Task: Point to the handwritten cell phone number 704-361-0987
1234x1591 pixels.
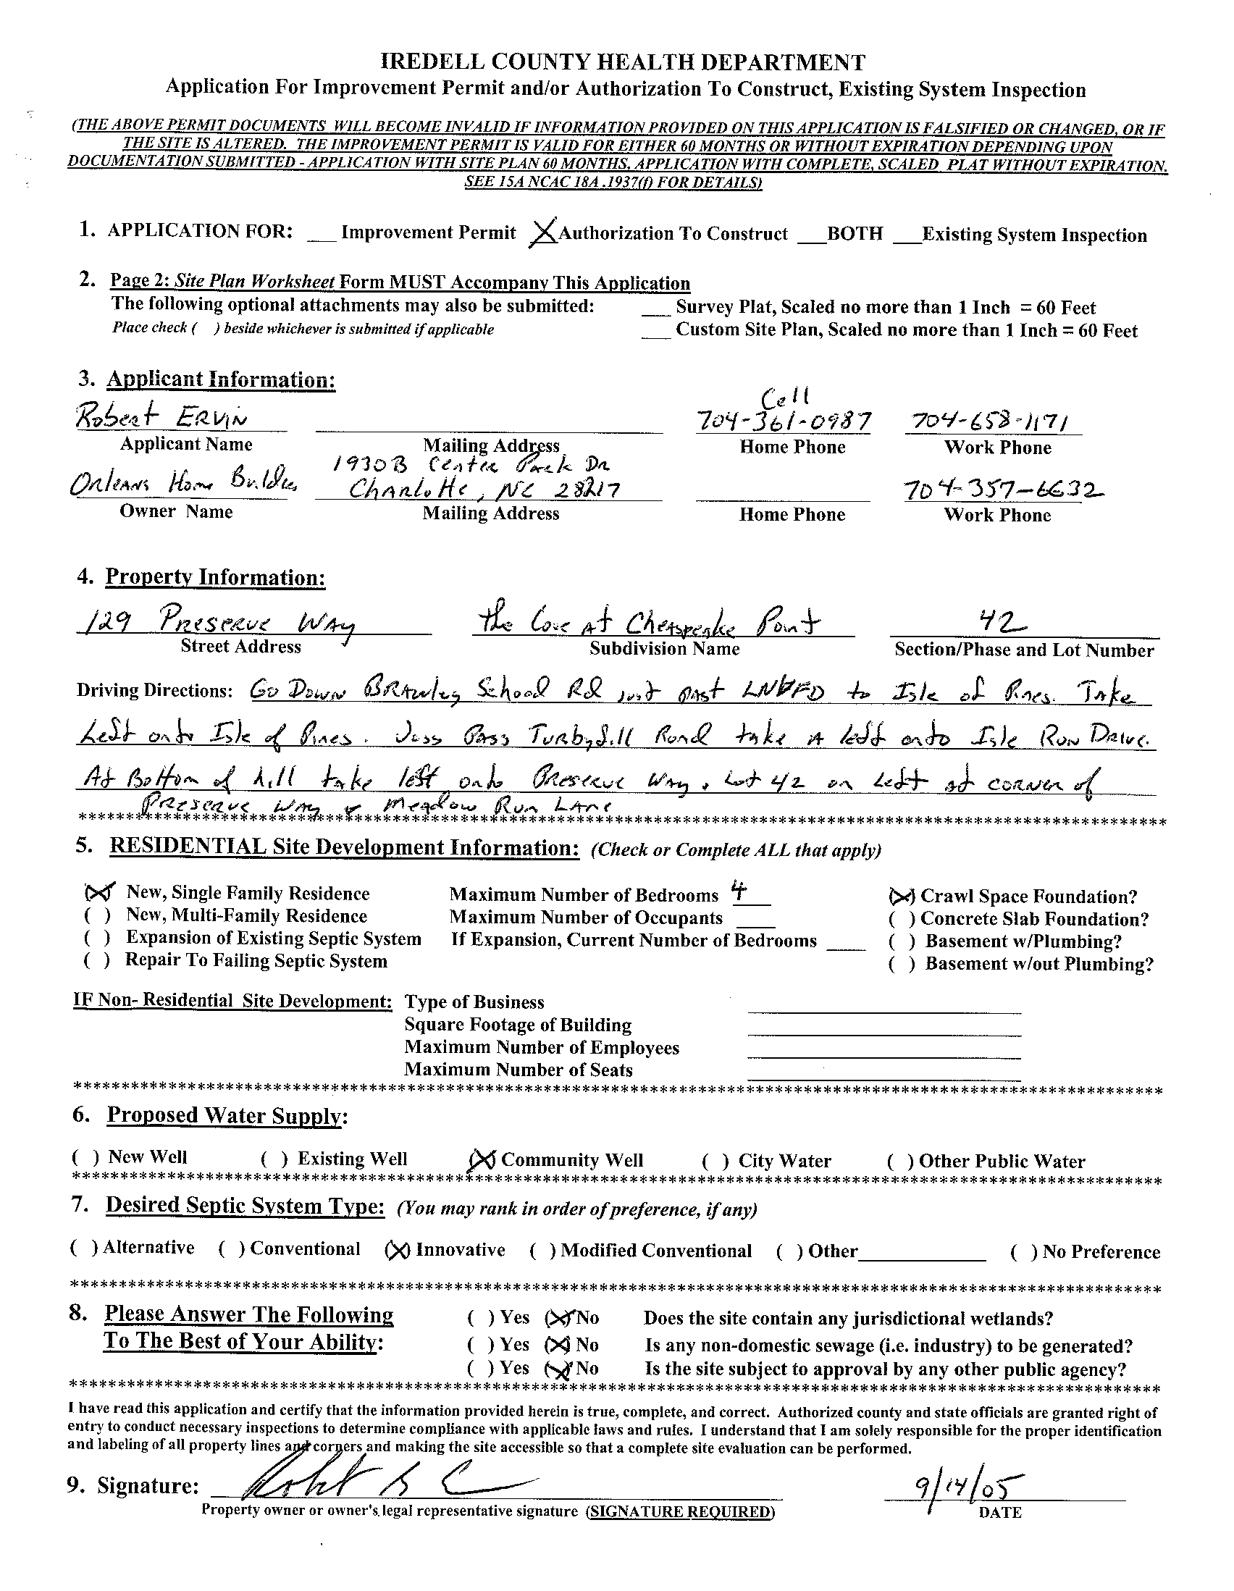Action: pyautogui.click(x=783, y=420)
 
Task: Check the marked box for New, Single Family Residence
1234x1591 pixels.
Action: pyautogui.click(x=99, y=892)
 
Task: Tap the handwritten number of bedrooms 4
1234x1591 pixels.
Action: pyautogui.click(x=741, y=892)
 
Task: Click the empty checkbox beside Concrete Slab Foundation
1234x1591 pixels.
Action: pyautogui.click(x=899, y=920)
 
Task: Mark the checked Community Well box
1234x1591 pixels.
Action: pyautogui.click(x=483, y=1159)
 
